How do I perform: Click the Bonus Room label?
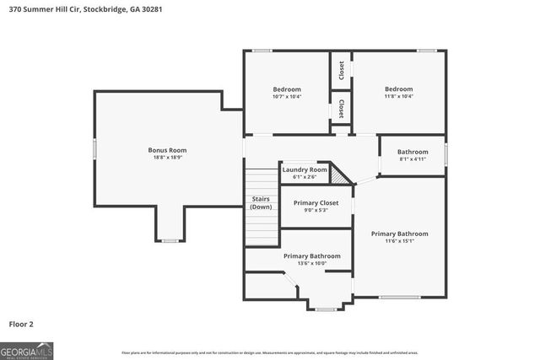click(166, 150)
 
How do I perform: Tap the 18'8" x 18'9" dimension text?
click(166, 158)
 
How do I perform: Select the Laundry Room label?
click(304, 169)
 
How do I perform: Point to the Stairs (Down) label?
click(261, 202)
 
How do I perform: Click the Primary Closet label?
click(316, 202)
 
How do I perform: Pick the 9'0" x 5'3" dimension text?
click(316, 210)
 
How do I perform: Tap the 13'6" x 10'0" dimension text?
click(311, 263)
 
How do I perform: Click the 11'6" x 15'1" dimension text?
click(399, 241)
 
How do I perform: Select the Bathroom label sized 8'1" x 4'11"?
click(413, 152)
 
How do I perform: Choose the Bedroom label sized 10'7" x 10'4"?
click(286, 89)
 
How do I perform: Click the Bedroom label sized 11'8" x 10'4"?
click(398, 89)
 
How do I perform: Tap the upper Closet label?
click(341, 70)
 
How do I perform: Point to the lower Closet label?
click(341, 109)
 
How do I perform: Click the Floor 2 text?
click(21, 323)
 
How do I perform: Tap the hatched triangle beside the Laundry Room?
click(339, 175)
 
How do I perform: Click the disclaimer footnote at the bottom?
click(269, 352)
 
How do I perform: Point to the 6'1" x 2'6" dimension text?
click(304, 177)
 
